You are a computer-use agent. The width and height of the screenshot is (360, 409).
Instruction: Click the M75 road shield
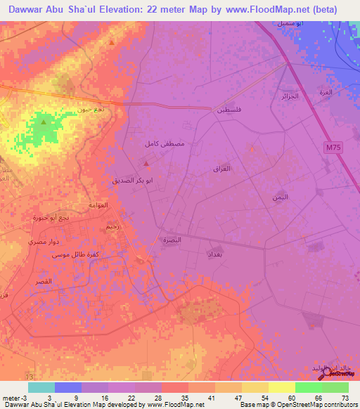(333, 147)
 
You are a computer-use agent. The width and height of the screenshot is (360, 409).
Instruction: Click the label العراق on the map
(221, 169)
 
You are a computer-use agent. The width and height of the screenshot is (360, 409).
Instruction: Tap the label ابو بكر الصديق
(134, 180)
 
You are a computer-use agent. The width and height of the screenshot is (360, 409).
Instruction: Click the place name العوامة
(98, 205)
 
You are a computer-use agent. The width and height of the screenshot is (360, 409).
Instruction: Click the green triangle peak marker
(44, 123)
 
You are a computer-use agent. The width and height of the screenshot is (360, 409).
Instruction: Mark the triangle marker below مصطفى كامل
(146, 164)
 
